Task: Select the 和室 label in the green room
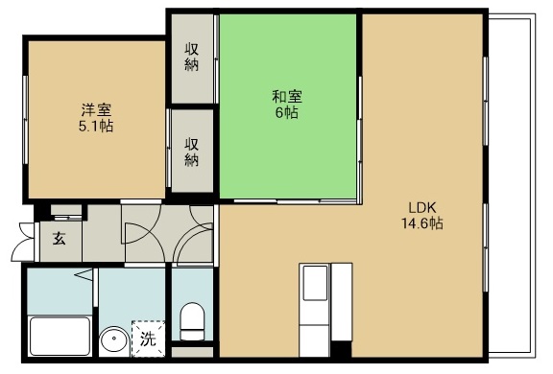288,95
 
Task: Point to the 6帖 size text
288,112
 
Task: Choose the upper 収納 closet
193,58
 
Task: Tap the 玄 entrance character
58,238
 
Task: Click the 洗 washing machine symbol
148,338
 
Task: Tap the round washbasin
114,340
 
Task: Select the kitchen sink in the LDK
316,283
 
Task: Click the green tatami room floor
288,144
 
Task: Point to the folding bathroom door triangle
84,276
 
